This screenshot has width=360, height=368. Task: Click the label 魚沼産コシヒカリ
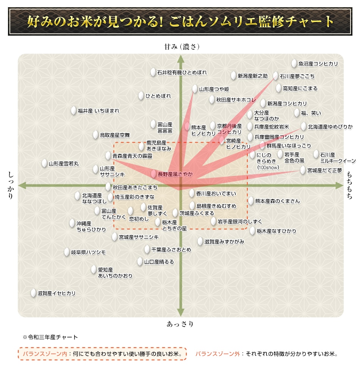point(318,64)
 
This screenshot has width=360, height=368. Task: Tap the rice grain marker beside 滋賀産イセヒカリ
point(33,293)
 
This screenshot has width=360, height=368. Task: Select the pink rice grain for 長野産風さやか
point(153,174)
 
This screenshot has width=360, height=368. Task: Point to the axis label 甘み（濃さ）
point(181,47)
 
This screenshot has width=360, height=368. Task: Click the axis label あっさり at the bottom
point(180,324)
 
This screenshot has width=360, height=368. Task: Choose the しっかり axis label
point(10,185)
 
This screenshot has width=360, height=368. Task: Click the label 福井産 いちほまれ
point(99,111)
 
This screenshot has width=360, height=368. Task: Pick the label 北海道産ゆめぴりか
point(330,127)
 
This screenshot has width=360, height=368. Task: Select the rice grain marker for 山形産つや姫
point(195,89)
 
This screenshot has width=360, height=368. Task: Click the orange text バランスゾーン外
point(218,354)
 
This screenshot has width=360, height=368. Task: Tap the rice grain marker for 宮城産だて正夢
point(303,170)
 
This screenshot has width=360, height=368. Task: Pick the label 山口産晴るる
point(159,262)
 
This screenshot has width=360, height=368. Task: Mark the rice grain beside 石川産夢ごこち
point(275,76)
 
